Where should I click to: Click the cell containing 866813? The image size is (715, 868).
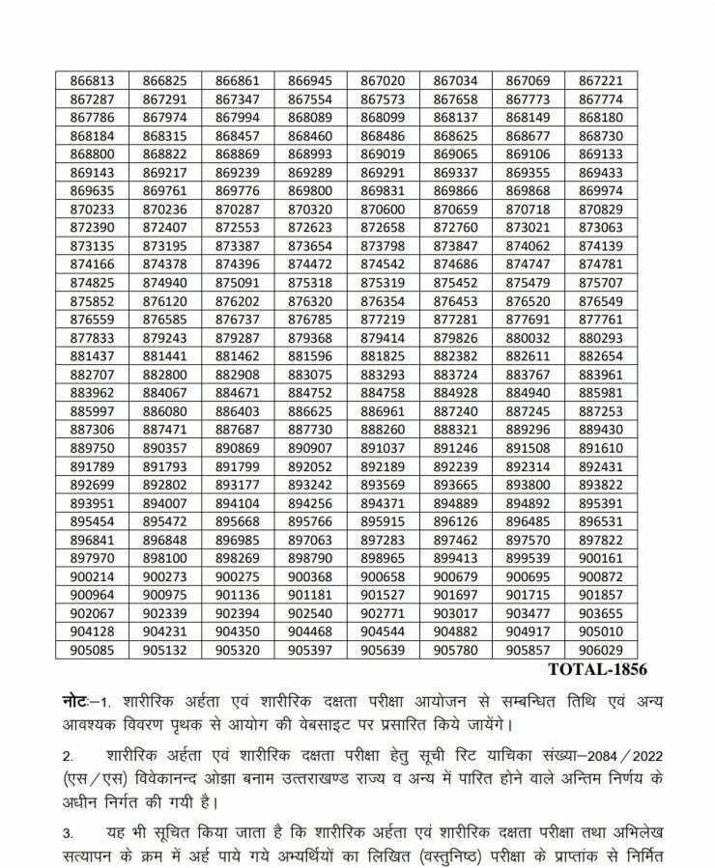(93, 81)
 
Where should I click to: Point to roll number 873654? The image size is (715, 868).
(310, 245)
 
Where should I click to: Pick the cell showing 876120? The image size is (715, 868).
(164, 300)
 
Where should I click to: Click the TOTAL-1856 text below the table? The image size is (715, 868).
(597, 669)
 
